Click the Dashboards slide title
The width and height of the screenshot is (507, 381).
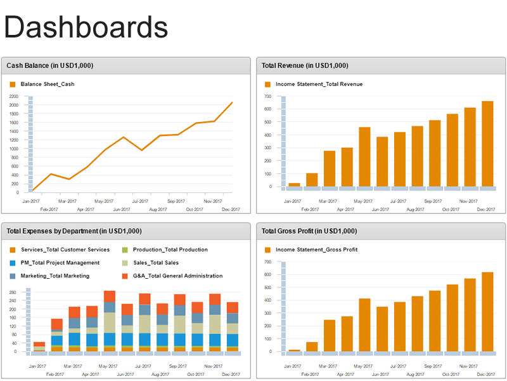point(86,28)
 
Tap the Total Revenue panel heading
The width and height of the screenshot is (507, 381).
point(305,65)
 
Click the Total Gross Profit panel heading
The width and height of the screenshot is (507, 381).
point(309,231)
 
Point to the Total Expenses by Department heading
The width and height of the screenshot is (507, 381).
point(74,231)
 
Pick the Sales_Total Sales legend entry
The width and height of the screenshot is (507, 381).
point(155,262)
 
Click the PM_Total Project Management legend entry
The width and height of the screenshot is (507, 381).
point(60,262)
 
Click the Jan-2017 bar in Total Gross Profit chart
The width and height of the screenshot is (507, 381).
point(294,350)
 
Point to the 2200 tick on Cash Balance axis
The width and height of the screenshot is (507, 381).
point(14,97)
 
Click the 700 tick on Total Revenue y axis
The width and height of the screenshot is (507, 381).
point(268,97)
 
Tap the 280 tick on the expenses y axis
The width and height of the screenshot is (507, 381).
point(13,293)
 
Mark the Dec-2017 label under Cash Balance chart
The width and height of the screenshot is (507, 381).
point(231,209)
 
